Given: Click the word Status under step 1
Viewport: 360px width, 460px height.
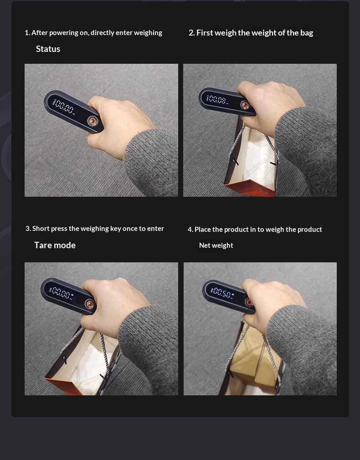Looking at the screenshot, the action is click(48, 49).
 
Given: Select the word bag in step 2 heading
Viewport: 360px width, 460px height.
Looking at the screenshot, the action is click(307, 33).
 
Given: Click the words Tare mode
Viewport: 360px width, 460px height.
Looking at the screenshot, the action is click(55, 245).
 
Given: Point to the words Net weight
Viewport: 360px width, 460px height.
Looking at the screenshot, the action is click(216, 245).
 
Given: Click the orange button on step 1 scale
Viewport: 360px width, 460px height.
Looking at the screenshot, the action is click(93, 121).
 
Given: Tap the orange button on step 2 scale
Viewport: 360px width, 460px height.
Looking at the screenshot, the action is click(245, 105).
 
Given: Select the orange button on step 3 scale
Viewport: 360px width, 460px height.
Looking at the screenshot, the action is click(90, 304).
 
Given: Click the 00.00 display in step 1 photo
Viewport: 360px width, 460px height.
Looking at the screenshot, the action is click(64, 107).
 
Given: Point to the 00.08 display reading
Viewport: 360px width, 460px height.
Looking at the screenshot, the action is click(218, 100).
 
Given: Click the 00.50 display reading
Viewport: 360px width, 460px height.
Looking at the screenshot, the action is click(223, 293).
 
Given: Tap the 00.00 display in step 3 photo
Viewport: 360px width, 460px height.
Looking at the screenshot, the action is click(62, 293).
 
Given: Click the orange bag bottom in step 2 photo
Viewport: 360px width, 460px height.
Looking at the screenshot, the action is click(249, 188).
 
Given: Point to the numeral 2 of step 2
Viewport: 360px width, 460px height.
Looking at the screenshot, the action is click(191, 33).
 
